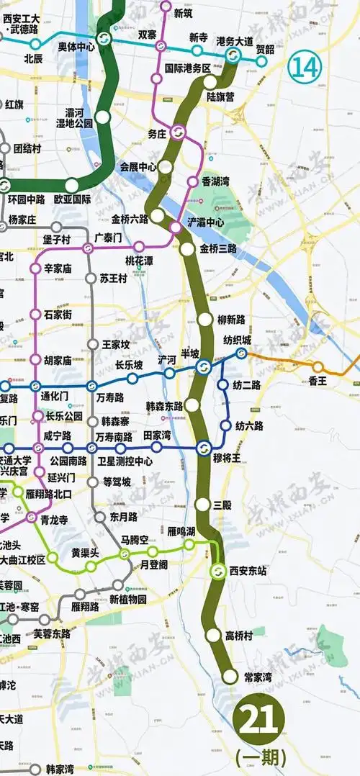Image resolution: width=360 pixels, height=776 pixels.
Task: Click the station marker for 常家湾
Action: [230, 676]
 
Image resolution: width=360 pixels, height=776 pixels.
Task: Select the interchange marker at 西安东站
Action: [217, 572]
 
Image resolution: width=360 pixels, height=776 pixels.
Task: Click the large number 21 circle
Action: [260, 718]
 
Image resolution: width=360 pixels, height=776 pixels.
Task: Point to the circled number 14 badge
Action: [302, 68]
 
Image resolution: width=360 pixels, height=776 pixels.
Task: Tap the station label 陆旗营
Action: [220, 95]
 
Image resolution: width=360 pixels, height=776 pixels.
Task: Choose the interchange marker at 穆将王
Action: [203, 448]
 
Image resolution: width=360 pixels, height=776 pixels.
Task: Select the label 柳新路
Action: [231, 319]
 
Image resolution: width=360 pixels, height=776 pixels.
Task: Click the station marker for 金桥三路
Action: [187, 250]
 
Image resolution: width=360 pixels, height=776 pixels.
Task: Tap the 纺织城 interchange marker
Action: [241, 353]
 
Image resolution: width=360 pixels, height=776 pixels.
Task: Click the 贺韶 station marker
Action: [261, 61]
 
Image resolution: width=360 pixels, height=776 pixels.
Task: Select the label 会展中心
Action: [138, 166]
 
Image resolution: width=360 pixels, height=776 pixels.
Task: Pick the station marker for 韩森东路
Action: [192, 405]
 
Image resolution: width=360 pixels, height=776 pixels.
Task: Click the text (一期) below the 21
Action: [261, 757]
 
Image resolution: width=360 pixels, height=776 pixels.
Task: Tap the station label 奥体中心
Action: [76, 46]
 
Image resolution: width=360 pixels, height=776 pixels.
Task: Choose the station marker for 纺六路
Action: [226, 425]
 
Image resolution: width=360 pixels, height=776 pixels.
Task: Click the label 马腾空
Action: [135, 540]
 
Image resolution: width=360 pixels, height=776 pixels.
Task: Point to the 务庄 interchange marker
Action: [177, 132]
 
